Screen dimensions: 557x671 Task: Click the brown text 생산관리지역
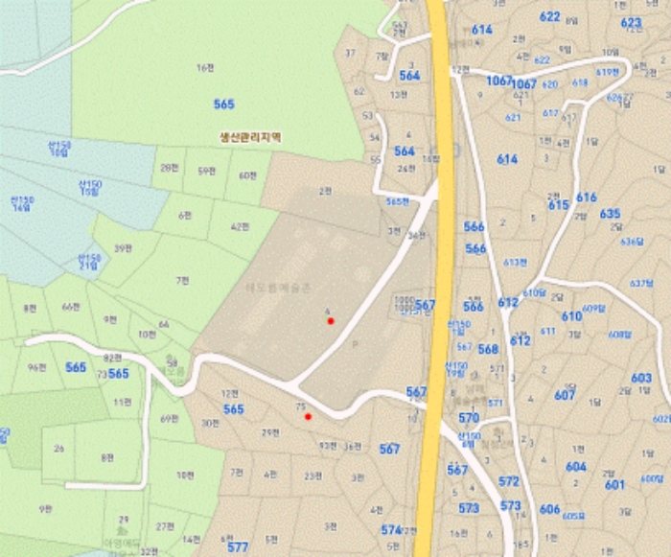pyautogui.click(x=249, y=137)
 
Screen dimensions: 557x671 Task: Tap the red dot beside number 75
pyautogui.click(x=308, y=417)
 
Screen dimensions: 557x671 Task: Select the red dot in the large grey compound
pyautogui.click(x=331, y=321)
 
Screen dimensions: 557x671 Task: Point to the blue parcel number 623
pyautogui.click(x=631, y=22)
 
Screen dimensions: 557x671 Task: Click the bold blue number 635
pyautogui.click(x=611, y=214)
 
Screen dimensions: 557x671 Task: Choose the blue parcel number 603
pyautogui.click(x=641, y=378)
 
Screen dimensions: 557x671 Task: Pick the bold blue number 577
pyautogui.click(x=238, y=547)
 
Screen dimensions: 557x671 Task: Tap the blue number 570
pyautogui.click(x=469, y=418)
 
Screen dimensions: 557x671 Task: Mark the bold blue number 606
pyautogui.click(x=549, y=509)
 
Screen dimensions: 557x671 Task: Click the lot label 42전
pyautogui.click(x=241, y=227)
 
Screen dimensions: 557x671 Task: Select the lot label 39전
pyautogui.click(x=123, y=248)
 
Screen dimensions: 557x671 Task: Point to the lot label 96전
pyautogui.click(x=38, y=367)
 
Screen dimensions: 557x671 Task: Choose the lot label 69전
pyautogui.click(x=170, y=419)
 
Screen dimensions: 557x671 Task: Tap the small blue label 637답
pyautogui.click(x=641, y=284)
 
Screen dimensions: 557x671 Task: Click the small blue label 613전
pyautogui.click(x=516, y=262)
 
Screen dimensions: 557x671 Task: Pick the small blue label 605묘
pyautogui.click(x=573, y=516)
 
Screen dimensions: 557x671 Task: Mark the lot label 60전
pyautogui.click(x=248, y=174)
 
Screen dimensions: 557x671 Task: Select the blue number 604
pyautogui.click(x=576, y=467)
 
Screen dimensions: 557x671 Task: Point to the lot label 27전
pyautogui.click(x=166, y=524)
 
